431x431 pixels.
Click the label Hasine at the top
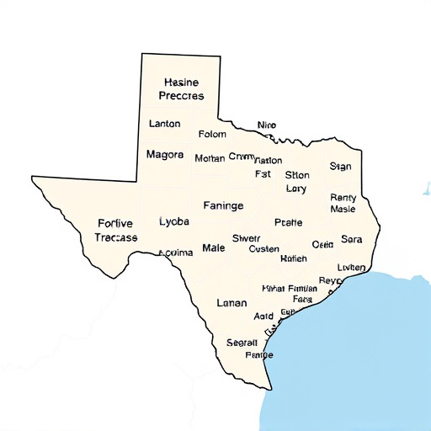[x=180, y=82]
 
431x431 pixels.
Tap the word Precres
[x=180, y=96]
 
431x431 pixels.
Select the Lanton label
[x=164, y=124]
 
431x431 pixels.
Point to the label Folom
[x=212, y=134]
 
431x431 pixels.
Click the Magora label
[x=164, y=155]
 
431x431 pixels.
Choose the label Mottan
[x=209, y=158]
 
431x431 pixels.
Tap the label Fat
[x=263, y=174]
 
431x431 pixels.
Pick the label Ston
[x=297, y=175]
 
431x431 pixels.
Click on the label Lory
[x=296, y=189]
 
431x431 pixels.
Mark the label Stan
[x=340, y=167]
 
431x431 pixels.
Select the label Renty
[x=343, y=197]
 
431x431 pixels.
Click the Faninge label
[x=223, y=205]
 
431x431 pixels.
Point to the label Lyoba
[x=174, y=221]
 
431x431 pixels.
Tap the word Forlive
[x=115, y=223]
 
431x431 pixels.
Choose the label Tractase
[x=115, y=238]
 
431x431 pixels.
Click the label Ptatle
[x=288, y=223]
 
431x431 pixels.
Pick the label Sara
[x=351, y=240]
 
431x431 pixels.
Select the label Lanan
[x=231, y=302]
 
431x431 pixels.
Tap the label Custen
[x=264, y=249]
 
